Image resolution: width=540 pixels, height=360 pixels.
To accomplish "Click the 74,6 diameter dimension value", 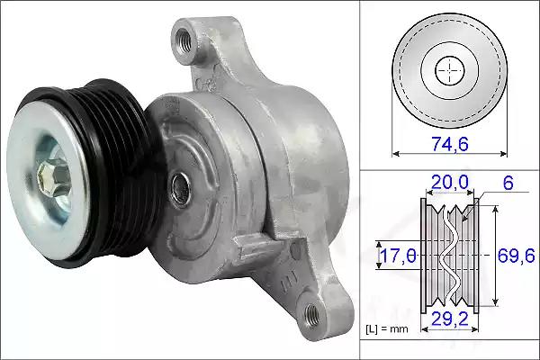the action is (x=450, y=143).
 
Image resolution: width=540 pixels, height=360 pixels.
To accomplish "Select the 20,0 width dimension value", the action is (x=450, y=182).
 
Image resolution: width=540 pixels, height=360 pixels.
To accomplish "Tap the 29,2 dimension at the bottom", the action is (x=450, y=319).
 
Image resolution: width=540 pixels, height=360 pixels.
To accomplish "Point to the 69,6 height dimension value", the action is (x=517, y=256).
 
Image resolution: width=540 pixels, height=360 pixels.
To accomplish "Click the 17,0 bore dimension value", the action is (x=398, y=256).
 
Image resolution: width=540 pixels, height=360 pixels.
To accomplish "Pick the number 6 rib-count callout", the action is (x=508, y=183).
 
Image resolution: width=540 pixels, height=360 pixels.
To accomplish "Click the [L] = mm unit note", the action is (x=387, y=329).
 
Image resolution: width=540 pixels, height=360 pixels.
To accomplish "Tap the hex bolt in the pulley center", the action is (x=54, y=176).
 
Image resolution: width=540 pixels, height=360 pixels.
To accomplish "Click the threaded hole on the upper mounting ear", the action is (x=183, y=40).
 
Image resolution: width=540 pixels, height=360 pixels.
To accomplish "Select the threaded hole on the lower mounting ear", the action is (x=312, y=314).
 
